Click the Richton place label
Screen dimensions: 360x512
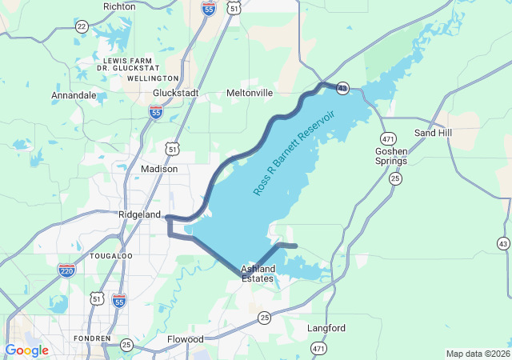click(119, 6)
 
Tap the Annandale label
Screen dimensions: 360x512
click(74, 95)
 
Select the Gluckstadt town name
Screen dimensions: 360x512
click(175, 93)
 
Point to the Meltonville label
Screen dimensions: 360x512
click(250, 93)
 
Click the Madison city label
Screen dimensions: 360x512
click(159, 169)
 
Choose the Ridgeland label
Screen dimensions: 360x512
click(140, 215)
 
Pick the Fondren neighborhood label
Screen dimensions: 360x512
click(90, 338)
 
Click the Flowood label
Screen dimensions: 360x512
click(186, 339)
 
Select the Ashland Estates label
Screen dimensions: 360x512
click(258, 274)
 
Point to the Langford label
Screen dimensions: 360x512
click(326, 328)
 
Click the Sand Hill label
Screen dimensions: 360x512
click(433, 132)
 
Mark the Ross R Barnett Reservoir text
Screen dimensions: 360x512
click(294, 152)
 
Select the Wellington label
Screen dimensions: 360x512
click(152, 78)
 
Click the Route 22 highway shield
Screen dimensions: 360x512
click(82, 26)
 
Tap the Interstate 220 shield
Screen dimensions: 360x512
click(67, 270)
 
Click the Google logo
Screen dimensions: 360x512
click(27, 350)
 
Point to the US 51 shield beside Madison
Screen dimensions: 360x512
click(174, 149)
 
